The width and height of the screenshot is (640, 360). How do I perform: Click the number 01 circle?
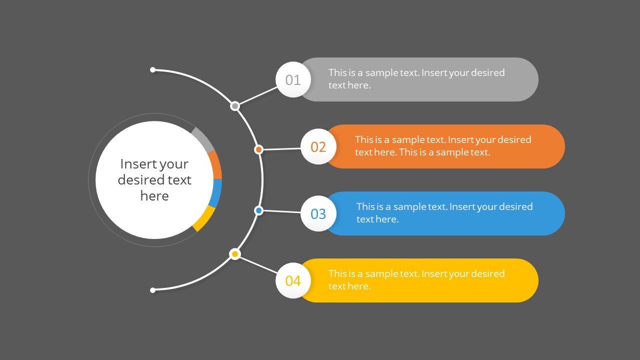click(x=293, y=79)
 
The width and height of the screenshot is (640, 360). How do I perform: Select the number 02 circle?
click(x=318, y=146)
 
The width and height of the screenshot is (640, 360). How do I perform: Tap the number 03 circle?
click(x=318, y=213)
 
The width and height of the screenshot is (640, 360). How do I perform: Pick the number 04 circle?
click(x=293, y=280)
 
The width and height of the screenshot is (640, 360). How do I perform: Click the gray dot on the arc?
click(x=235, y=106)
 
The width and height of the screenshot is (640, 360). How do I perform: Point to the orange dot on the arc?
click(x=258, y=149)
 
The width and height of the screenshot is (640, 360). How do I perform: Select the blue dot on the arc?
click(x=258, y=210)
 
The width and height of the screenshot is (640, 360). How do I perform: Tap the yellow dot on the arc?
click(x=235, y=254)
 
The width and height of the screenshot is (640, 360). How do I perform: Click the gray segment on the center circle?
click(x=203, y=139)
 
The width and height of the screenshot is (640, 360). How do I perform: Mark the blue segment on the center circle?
click(x=216, y=193)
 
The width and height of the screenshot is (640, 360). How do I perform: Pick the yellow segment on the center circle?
click(x=204, y=219)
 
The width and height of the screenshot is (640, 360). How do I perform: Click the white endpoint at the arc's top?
click(x=153, y=70)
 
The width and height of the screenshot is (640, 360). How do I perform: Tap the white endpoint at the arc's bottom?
click(x=153, y=290)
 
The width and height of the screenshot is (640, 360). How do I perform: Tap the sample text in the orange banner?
click(x=443, y=146)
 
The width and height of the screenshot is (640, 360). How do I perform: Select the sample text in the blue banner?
click(x=444, y=212)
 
